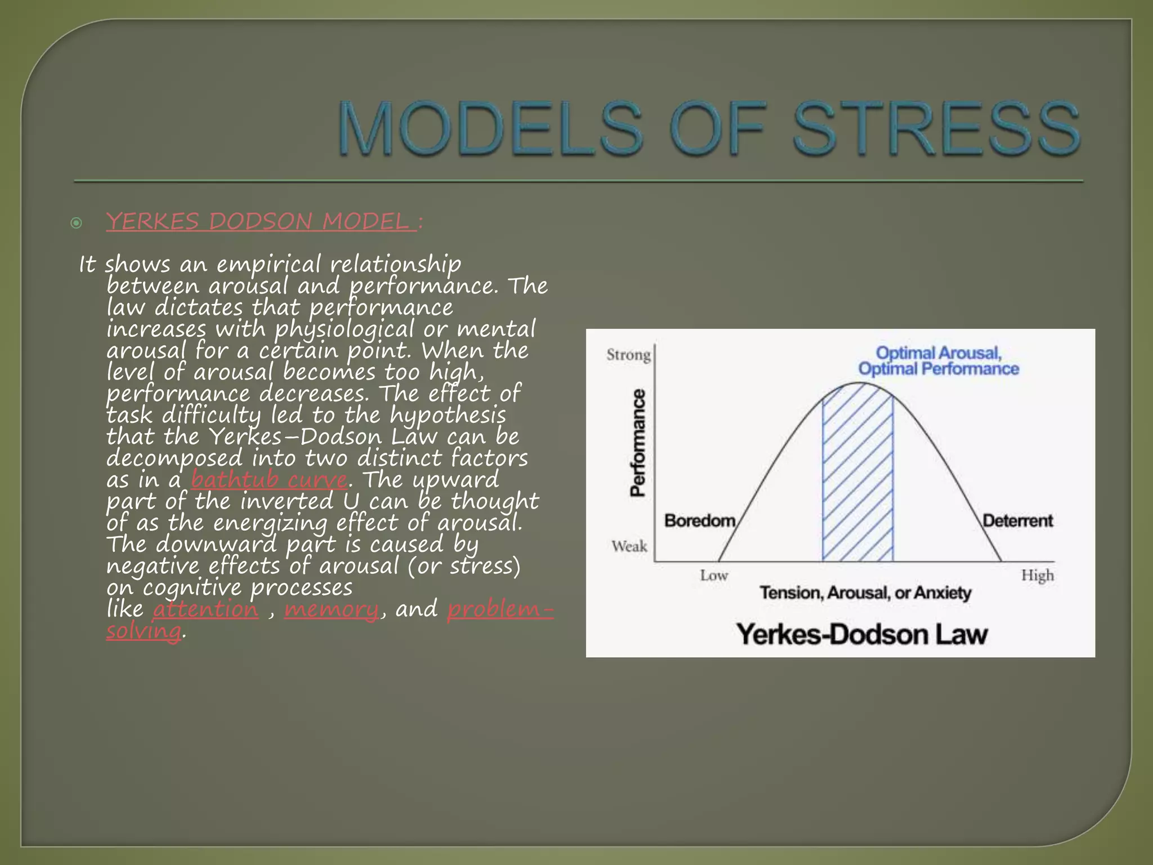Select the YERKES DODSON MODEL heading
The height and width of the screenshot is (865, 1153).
(x=261, y=221)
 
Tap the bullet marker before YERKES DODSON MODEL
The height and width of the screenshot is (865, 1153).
(x=77, y=224)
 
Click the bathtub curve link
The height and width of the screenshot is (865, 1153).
(x=269, y=480)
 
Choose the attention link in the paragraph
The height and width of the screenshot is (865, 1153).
(x=205, y=609)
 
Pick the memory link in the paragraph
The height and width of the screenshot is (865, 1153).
(x=332, y=609)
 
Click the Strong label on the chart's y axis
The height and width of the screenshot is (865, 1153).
(x=628, y=355)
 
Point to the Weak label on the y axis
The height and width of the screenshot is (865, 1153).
(x=629, y=546)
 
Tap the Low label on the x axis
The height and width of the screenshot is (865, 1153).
(x=714, y=576)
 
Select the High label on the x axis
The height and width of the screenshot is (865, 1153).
(x=1037, y=576)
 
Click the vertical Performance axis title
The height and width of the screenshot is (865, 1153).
(x=638, y=443)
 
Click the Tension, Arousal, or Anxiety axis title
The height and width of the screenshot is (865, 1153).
(x=865, y=593)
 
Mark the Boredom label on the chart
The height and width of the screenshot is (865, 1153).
(x=700, y=520)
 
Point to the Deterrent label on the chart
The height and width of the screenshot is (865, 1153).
(x=1017, y=520)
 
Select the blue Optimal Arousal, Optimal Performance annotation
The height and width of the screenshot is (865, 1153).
(x=939, y=361)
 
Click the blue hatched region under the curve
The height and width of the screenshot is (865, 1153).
(x=857, y=479)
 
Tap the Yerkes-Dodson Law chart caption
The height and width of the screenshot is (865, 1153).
(x=862, y=635)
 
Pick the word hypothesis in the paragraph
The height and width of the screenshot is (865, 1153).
(x=448, y=416)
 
